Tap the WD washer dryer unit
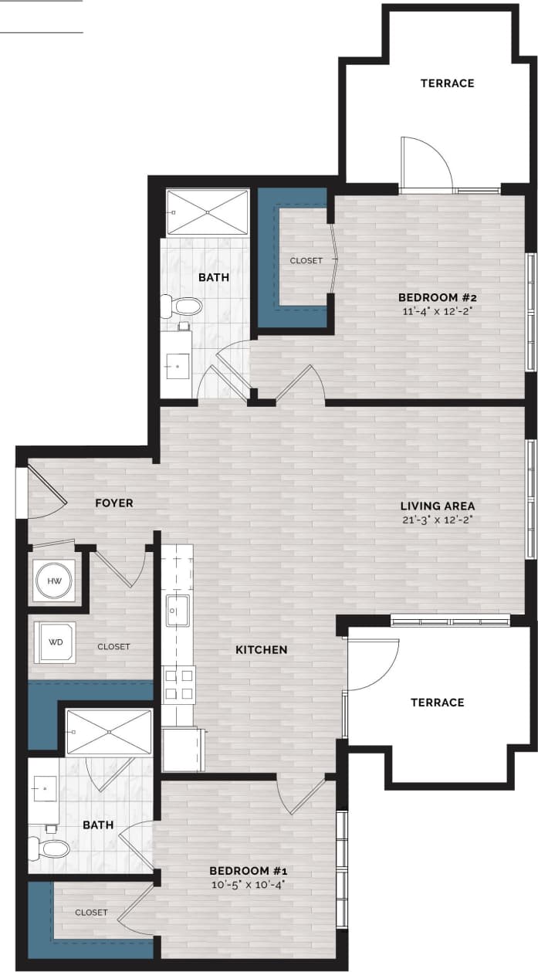[x=57, y=642]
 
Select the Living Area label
[x=437, y=506]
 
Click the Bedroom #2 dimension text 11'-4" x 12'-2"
[x=437, y=312]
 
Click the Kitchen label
[x=261, y=650]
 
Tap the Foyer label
[x=114, y=503]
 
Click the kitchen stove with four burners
[x=178, y=684]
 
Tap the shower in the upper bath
[x=208, y=212]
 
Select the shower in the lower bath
[x=109, y=732]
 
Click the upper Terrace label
[x=447, y=83]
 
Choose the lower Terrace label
[x=437, y=703]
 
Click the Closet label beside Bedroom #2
[x=306, y=261]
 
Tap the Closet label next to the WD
[x=113, y=647]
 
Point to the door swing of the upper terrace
[x=426, y=164]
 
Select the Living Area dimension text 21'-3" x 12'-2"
[x=437, y=520]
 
